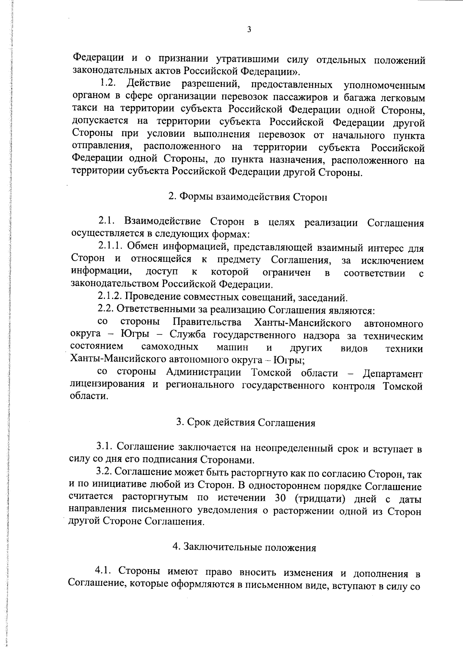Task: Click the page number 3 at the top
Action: (249, 30)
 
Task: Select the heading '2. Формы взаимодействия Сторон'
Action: (248, 197)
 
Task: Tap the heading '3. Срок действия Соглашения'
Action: (246, 422)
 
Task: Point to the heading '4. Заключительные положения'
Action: (244, 548)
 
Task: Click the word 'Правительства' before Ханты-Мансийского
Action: (207, 322)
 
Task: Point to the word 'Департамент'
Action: (392, 374)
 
